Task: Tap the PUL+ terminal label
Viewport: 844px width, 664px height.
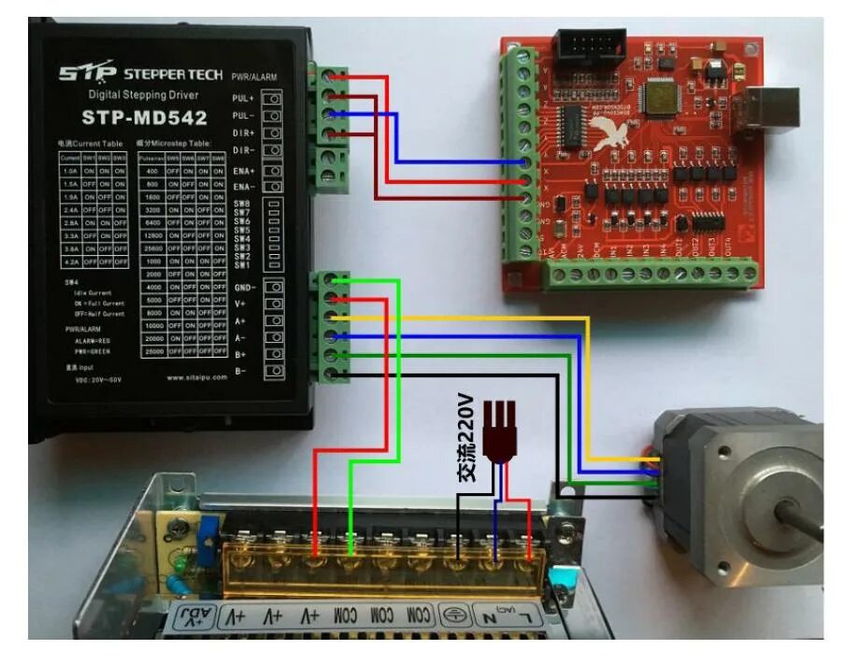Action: click(243, 98)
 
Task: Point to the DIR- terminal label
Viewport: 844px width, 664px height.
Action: click(243, 150)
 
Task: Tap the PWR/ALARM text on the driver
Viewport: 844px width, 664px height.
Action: click(254, 77)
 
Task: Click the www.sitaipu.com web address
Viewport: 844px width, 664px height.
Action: click(193, 378)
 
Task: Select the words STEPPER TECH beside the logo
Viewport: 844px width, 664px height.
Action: click(173, 72)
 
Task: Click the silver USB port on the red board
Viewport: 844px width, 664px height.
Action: click(772, 111)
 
